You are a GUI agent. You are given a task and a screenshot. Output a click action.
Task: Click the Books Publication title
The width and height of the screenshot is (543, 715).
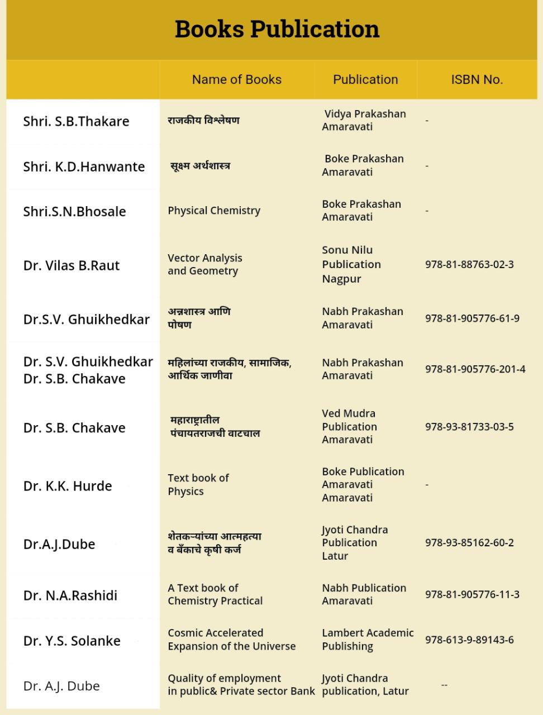click(277, 29)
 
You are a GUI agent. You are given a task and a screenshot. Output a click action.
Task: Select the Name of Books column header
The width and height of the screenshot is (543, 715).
click(236, 79)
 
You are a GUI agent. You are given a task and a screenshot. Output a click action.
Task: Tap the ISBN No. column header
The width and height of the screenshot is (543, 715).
click(477, 79)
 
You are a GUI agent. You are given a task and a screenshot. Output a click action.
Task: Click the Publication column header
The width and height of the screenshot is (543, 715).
click(365, 79)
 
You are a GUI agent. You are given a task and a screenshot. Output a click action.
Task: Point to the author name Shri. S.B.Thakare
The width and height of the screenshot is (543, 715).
click(76, 121)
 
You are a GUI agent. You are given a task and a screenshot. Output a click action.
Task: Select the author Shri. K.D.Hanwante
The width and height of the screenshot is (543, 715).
click(84, 166)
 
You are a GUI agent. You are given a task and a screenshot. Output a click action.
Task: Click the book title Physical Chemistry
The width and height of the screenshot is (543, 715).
click(214, 211)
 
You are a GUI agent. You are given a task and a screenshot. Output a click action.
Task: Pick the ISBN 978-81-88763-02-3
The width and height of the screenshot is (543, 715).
click(469, 264)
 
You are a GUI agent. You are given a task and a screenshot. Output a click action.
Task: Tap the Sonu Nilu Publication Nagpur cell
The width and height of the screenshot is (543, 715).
click(351, 264)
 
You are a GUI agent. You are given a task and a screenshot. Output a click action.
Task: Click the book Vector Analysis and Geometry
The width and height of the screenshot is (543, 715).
click(204, 264)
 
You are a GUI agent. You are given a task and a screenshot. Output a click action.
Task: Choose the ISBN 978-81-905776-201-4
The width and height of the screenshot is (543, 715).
click(475, 369)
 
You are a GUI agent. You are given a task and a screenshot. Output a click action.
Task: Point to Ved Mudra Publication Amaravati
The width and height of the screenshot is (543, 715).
click(349, 426)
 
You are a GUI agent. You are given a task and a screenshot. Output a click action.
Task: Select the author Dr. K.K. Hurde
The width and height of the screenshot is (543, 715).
click(68, 486)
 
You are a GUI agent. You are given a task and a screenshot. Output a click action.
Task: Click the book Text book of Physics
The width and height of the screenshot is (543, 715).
click(198, 484)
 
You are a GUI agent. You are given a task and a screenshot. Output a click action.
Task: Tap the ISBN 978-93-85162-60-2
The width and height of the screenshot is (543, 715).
click(469, 542)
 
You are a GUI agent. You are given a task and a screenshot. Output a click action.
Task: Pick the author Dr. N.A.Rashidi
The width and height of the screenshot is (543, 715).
click(70, 595)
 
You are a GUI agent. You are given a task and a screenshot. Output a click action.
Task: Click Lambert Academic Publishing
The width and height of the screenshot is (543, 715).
click(368, 640)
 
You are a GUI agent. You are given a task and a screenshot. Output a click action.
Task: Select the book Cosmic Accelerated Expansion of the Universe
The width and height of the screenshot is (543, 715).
click(231, 640)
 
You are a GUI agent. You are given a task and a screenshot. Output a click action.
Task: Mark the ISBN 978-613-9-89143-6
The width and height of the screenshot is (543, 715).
click(469, 640)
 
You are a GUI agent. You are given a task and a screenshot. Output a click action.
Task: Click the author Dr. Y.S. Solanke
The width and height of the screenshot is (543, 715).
click(72, 641)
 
